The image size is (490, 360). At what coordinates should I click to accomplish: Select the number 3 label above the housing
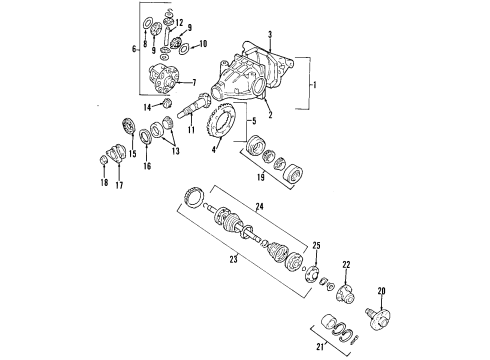coord(269,35)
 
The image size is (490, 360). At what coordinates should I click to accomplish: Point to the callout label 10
coord(204,44)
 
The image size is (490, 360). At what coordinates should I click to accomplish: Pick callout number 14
coord(144,106)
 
